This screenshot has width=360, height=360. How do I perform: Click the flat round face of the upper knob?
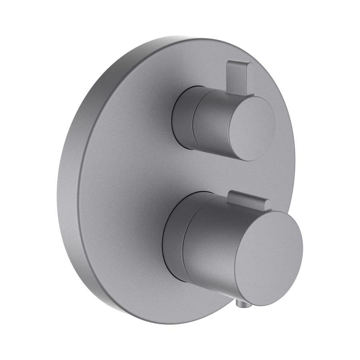[x=251, y=124]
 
